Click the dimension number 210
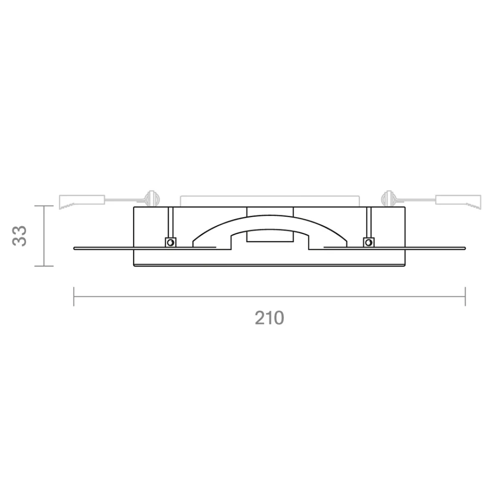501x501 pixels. pos(269,318)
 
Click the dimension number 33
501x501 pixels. pos(19,236)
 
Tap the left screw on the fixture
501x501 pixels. pos(171,243)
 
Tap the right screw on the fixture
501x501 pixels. pos(369,243)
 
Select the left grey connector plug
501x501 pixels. pos(82,202)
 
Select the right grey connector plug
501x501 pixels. pos(458,202)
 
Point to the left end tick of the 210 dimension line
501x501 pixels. pos(74,296)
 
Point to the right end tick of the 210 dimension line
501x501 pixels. pos(466,296)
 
